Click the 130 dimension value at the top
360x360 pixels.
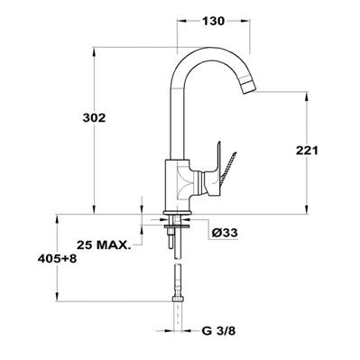(x=213, y=21)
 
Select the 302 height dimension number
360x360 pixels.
(x=94, y=118)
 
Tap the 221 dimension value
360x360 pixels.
(x=307, y=151)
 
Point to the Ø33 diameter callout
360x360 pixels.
(x=225, y=233)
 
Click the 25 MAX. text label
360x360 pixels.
(x=104, y=245)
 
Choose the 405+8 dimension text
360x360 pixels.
(x=57, y=258)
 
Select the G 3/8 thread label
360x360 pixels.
(x=218, y=331)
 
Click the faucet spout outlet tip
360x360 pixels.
(x=248, y=87)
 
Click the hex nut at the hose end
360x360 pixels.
(x=179, y=300)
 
